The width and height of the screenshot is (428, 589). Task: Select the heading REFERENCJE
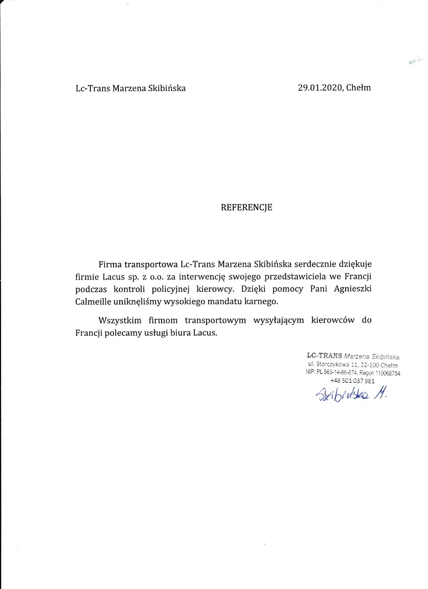point(247,208)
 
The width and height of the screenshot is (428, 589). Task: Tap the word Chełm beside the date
point(358,88)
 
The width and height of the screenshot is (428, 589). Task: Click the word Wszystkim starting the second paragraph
point(119,321)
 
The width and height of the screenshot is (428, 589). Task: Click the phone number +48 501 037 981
point(353,381)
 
